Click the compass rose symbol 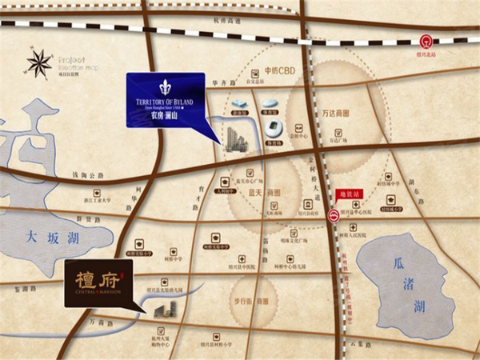(x=39, y=63)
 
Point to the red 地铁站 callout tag (x=352, y=192)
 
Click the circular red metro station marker (x=334, y=215)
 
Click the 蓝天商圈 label (x=262, y=192)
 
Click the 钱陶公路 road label (x=88, y=175)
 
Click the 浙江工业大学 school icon (x=97, y=194)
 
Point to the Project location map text (x=77, y=63)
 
